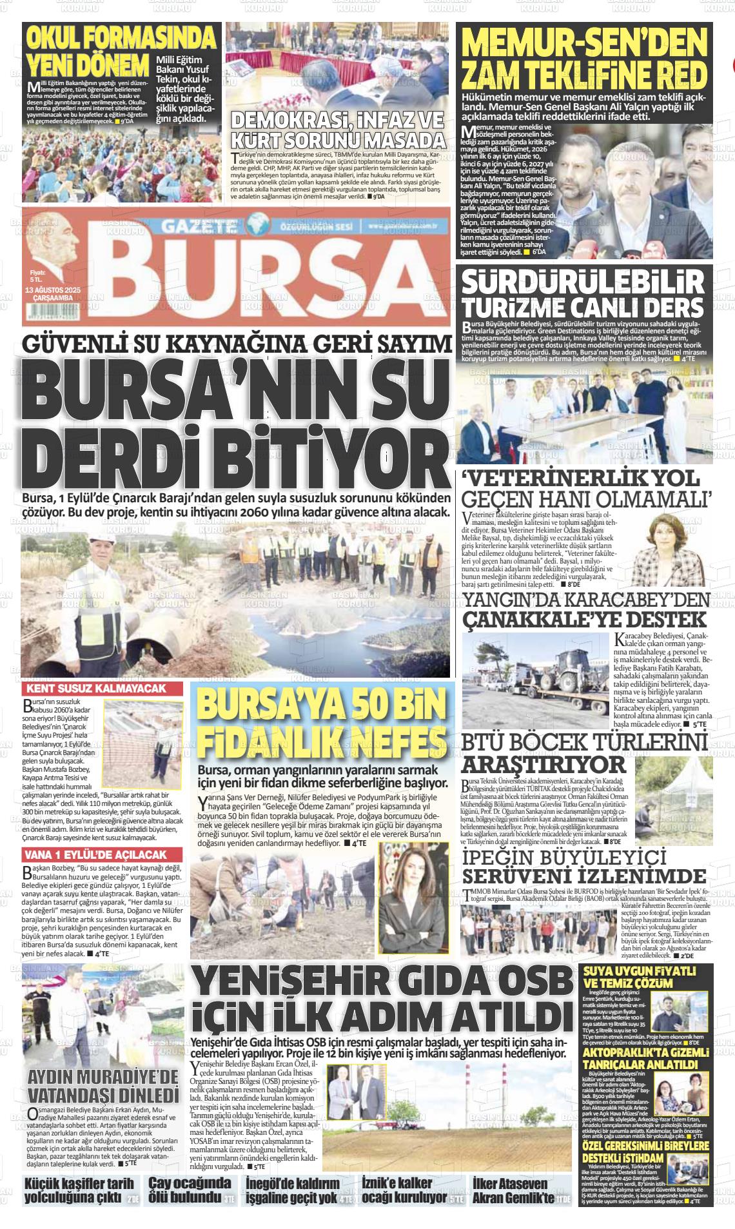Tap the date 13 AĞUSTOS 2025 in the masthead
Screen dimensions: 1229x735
(52, 290)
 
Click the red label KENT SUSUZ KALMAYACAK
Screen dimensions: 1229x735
(95, 689)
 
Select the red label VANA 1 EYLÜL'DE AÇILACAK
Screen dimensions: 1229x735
(95, 855)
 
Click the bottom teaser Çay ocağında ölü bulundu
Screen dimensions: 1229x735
(190, 1191)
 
